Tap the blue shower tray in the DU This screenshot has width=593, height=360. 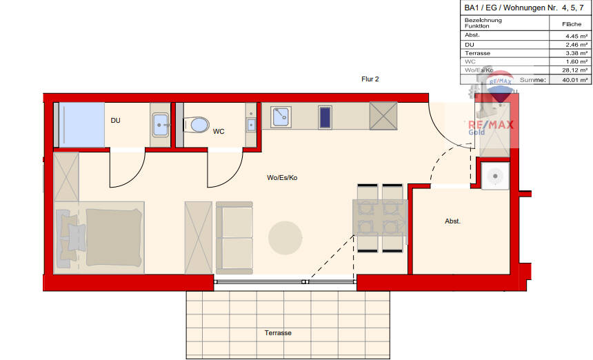pos(80,124)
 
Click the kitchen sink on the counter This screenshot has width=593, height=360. pos(280,117)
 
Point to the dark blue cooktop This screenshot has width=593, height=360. pos(325,117)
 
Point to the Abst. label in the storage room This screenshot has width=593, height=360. pos(452,221)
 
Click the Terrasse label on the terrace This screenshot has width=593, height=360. pos(278,333)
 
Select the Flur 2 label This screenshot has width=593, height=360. pos(370,79)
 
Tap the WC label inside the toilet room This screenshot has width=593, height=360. pos(219,131)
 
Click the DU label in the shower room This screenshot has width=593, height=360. pos(116,120)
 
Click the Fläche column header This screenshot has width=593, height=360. pos(572,23)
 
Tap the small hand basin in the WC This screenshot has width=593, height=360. pos(251,124)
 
